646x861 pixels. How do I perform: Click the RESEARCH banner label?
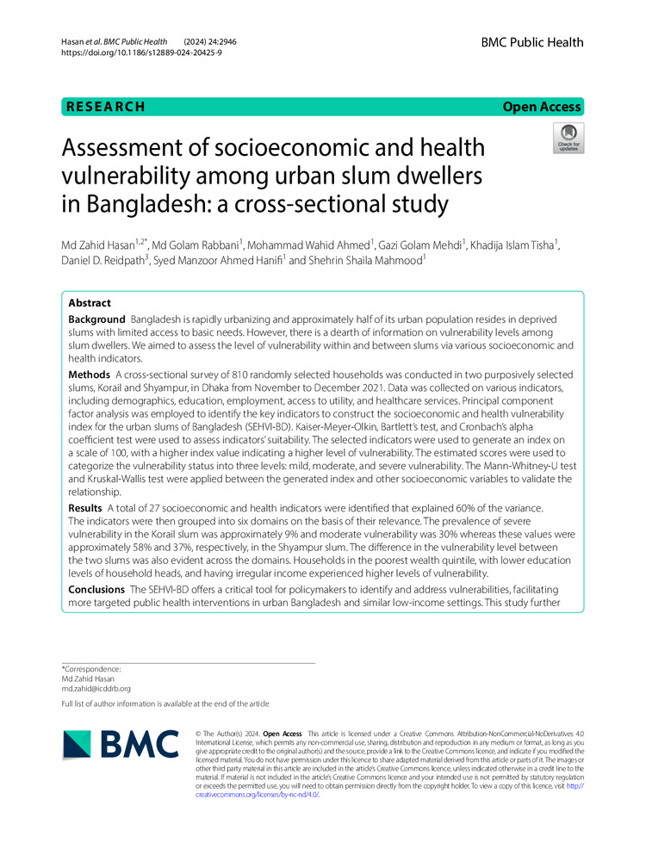[x=104, y=107]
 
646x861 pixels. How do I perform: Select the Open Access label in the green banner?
[x=543, y=107]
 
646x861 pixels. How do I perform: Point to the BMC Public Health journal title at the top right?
[x=531, y=42]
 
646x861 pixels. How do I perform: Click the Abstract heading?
[x=90, y=303]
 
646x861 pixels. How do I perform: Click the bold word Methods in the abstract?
[x=89, y=376]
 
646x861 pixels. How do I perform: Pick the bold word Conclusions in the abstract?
[x=97, y=589]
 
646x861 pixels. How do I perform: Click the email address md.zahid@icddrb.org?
[x=96, y=688]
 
